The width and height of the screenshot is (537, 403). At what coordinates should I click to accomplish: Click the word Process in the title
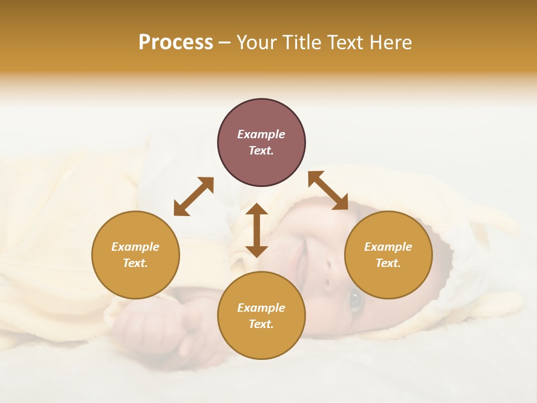[176, 43]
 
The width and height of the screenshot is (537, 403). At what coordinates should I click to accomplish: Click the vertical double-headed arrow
[257, 230]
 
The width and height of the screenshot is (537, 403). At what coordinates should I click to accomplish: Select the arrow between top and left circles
[194, 196]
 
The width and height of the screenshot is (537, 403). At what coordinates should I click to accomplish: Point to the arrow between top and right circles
[328, 190]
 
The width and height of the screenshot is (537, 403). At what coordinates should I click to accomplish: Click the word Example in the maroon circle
[261, 134]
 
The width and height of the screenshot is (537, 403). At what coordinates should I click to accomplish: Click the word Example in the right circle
[388, 247]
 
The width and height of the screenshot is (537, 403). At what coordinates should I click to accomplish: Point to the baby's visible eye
[355, 301]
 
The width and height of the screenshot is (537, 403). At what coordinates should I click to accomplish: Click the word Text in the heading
[344, 43]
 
